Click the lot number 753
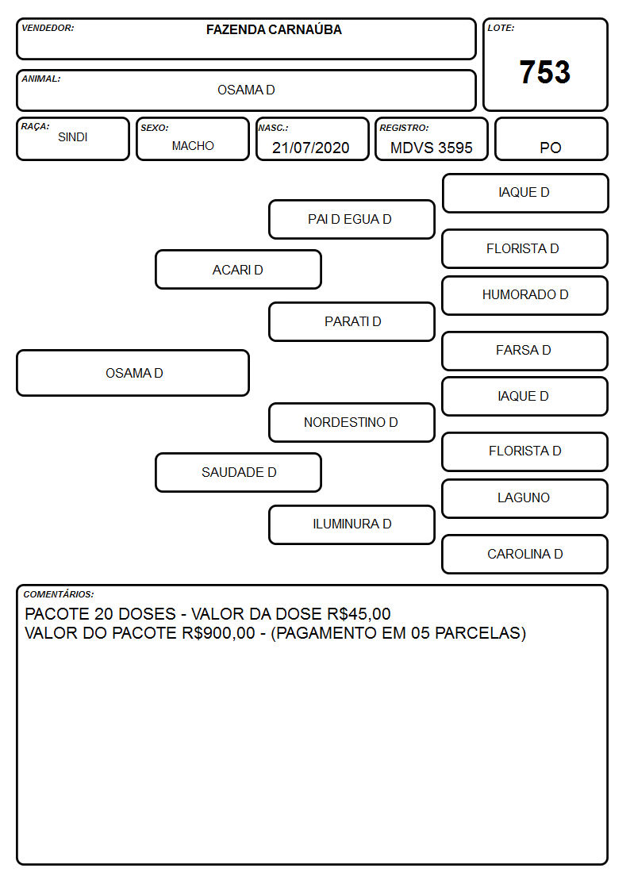click(545, 72)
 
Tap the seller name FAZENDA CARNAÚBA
click(274, 29)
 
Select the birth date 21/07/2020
click(311, 148)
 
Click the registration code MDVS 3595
click(431, 148)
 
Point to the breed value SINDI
click(73, 137)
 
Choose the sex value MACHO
click(193, 146)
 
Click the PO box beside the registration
click(551, 139)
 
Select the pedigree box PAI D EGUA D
click(351, 219)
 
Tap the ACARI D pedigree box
click(238, 270)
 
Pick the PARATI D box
click(351, 321)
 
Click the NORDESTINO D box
click(351, 422)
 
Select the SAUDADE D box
click(238, 472)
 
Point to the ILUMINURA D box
click(351, 524)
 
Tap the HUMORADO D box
click(525, 295)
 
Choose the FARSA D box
click(525, 351)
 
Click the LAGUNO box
click(525, 498)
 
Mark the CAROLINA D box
click(525, 554)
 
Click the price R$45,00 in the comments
click(359, 614)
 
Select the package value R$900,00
click(219, 633)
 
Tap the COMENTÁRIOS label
click(59, 594)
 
